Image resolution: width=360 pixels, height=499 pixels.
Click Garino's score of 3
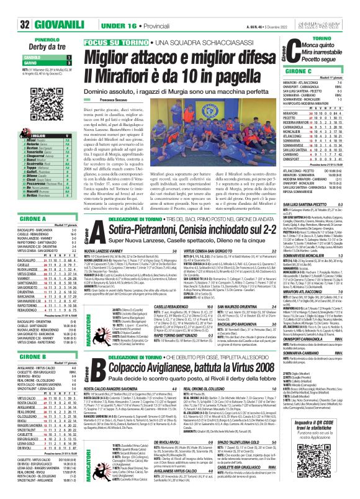70,46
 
